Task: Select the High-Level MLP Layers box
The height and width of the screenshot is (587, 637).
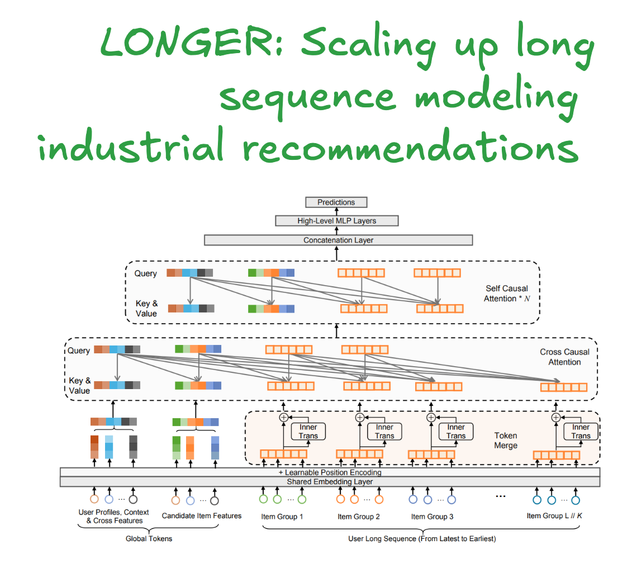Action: pyautogui.click(x=336, y=221)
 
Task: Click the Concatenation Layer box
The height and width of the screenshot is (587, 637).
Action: pyautogui.click(x=338, y=240)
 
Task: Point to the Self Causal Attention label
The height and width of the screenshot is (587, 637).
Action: pyautogui.click(x=506, y=293)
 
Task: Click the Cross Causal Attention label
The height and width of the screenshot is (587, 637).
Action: pyautogui.click(x=564, y=357)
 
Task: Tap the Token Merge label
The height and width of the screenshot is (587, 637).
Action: pyautogui.click(x=506, y=440)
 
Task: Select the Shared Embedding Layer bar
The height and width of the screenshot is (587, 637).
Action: pyautogui.click(x=330, y=481)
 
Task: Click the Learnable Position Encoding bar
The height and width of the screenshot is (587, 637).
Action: pyautogui.click(x=330, y=472)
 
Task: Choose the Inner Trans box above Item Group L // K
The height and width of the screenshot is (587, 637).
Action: pyautogui.click(x=581, y=432)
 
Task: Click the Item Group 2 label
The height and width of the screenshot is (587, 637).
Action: pyautogui.click(x=358, y=517)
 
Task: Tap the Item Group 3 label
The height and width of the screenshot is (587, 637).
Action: pyautogui.click(x=432, y=517)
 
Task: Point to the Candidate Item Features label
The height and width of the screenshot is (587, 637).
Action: pyautogui.click(x=201, y=515)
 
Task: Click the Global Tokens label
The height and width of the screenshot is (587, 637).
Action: pyautogui.click(x=149, y=539)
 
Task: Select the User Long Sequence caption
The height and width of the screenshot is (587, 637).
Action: pyautogui.click(x=421, y=539)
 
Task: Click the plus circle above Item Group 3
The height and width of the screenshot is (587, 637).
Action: pyautogui.click(x=431, y=417)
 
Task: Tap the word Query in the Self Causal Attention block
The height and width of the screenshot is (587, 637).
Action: pyautogui.click(x=145, y=274)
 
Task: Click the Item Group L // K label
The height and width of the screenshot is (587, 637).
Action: pyautogui.click(x=554, y=515)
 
